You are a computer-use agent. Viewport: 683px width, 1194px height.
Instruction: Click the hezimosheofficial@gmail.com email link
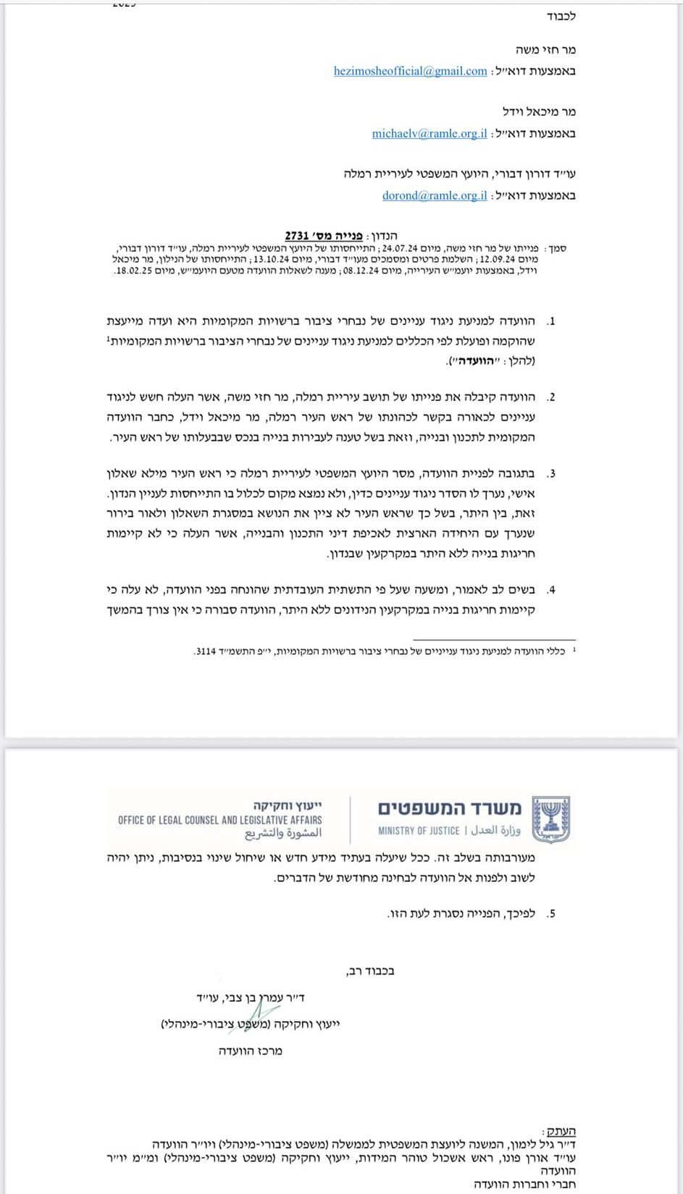(x=410, y=71)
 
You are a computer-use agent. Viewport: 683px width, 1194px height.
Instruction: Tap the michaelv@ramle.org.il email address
(x=429, y=133)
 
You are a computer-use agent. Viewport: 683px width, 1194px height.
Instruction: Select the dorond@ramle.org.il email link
(x=434, y=195)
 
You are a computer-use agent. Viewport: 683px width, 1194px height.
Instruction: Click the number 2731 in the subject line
(x=298, y=236)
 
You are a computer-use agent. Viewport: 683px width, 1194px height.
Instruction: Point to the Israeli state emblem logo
(x=551, y=819)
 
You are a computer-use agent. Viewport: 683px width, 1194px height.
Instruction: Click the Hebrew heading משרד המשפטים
(x=448, y=808)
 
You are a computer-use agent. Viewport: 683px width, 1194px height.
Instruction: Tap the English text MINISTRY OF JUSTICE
(x=419, y=831)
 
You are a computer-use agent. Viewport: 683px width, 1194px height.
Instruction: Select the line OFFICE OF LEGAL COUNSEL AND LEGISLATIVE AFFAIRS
(x=220, y=820)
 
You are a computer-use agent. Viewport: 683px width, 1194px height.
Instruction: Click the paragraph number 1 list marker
(x=551, y=321)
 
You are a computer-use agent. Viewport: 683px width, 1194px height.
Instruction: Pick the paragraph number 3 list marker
(x=551, y=475)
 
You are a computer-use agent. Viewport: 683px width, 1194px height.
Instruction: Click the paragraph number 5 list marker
(x=551, y=914)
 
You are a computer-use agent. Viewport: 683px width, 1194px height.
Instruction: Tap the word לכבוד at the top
(x=561, y=16)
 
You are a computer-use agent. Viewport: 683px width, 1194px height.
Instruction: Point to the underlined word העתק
(x=560, y=1131)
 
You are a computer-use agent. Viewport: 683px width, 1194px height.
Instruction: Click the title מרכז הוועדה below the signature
(x=251, y=1051)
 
